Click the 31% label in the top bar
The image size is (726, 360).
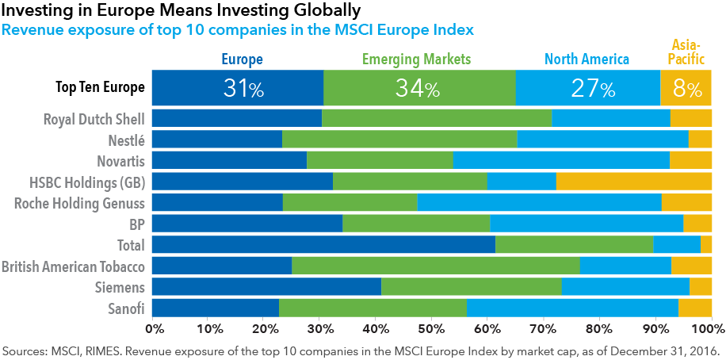(x=243, y=88)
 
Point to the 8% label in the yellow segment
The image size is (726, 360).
(x=687, y=88)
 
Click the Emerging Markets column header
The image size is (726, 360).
(x=416, y=59)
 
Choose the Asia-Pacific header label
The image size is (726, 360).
(x=686, y=52)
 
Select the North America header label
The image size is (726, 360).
(x=587, y=59)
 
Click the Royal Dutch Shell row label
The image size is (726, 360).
(x=94, y=119)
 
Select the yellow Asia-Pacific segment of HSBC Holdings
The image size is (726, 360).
(x=633, y=182)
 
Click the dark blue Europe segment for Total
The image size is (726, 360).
(x=323, y=244)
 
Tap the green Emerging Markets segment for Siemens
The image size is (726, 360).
(x=471, y=286)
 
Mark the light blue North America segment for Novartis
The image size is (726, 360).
(x=561, y=160)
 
